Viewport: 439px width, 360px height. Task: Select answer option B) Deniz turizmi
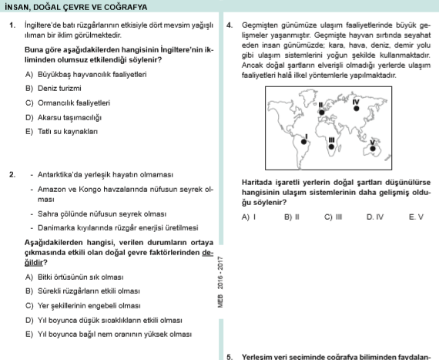pyautogui.click(x=59, y=89)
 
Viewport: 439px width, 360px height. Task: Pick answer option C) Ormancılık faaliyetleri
pyautogui.click(x=73, y=103)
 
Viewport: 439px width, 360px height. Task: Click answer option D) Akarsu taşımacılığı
pyautogui.click(x=69, y=117)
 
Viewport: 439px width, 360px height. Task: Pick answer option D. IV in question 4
pyautogui.click(x=375, y=218)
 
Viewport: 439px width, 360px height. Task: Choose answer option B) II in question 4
pyautogui.click(x=291, y=218)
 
